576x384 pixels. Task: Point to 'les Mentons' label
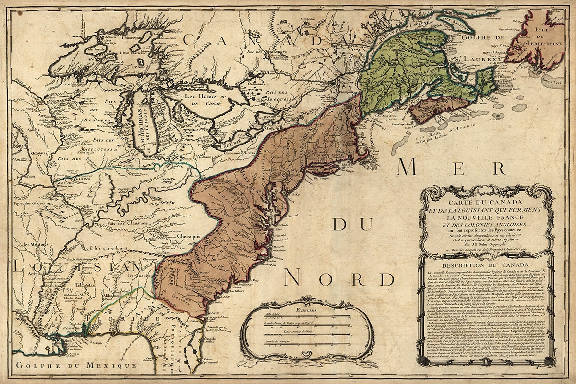(x=29, y=245)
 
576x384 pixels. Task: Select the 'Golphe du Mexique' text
(x=74, y=366)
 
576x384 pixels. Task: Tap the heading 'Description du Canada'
(x=485, y=265)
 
